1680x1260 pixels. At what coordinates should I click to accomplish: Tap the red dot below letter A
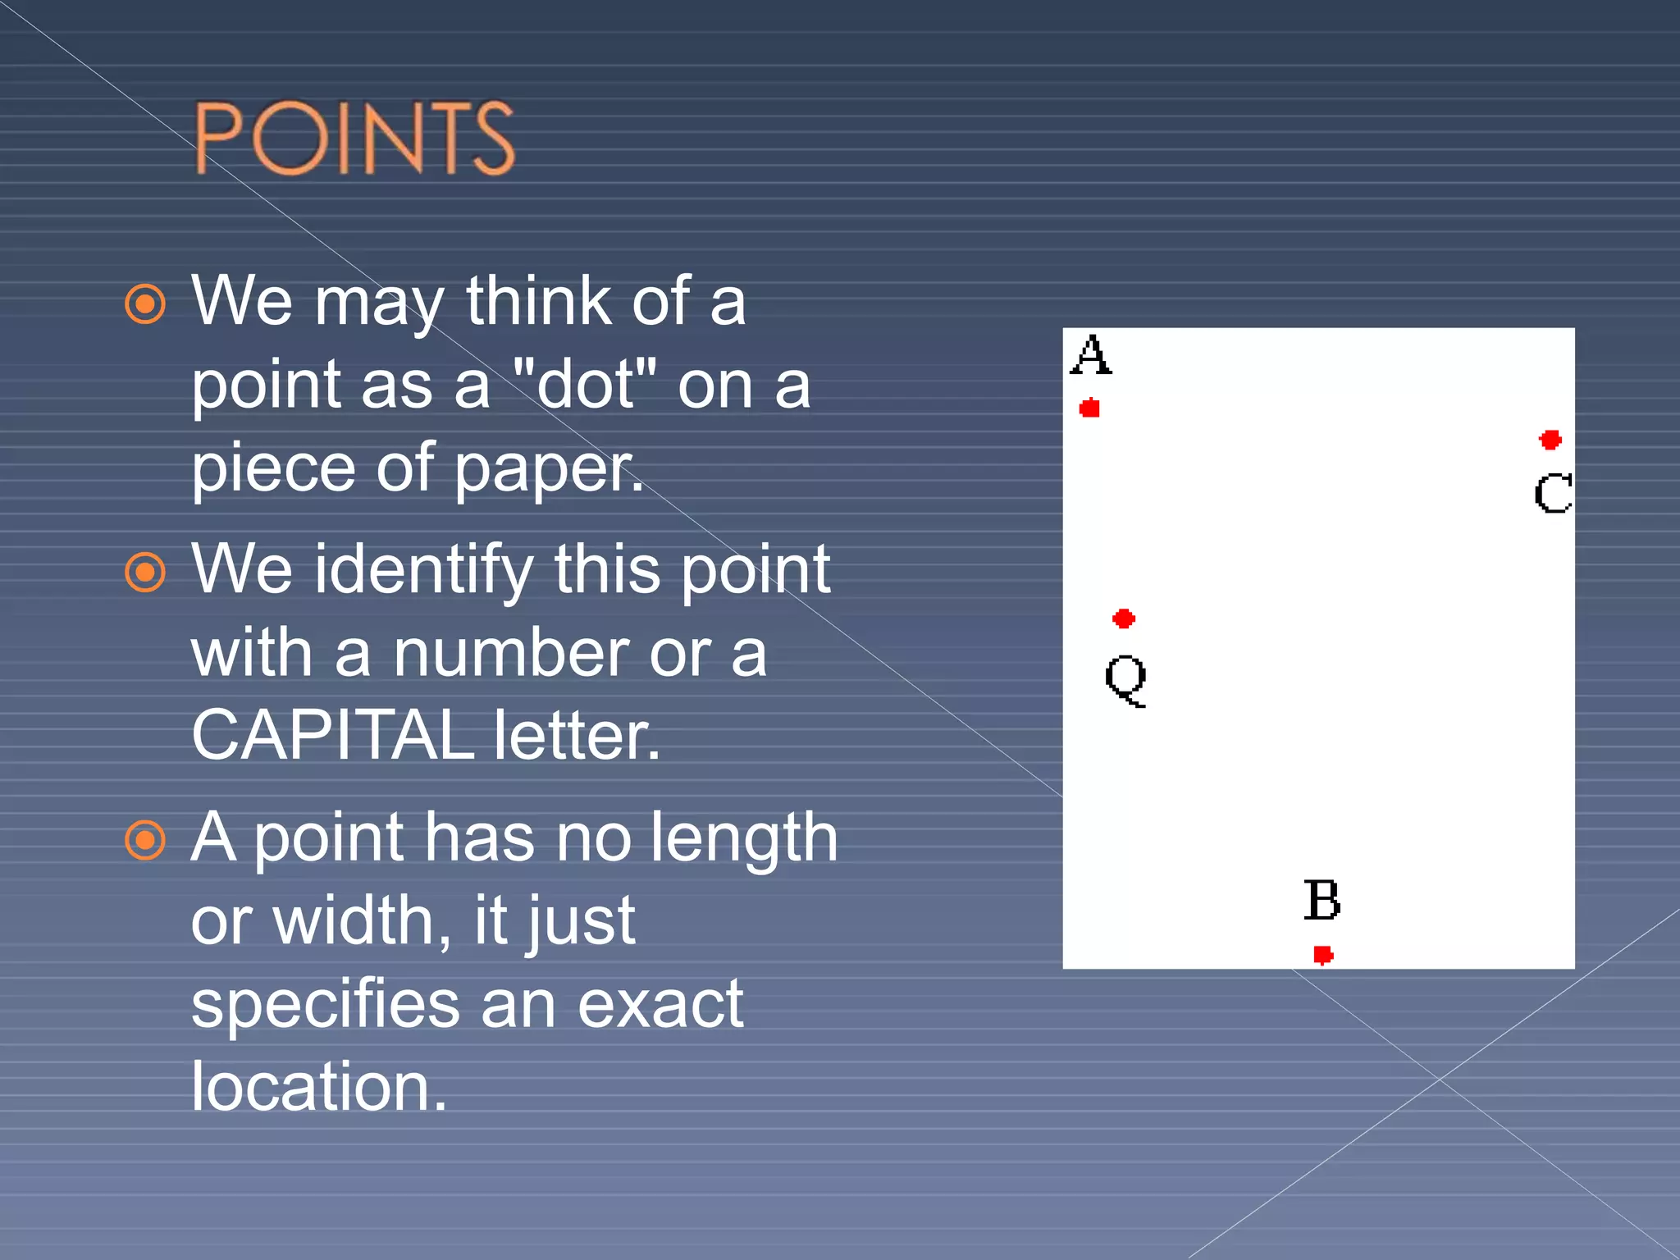pyautogui.click(x=1089, y=408)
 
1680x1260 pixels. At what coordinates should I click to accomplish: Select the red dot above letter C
pyautogui.click(x=1550, y=440)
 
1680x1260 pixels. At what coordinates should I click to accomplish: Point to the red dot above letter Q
pyautogui.click(x=1124, y=619)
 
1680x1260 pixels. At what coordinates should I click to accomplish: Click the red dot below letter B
pyautogui.click(x=1323, y=955)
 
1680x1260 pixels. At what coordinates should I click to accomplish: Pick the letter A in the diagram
pyautogui.click(x=1091, y=355)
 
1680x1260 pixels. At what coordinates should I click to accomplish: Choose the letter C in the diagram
pyautogui.click(x=1553, y=493)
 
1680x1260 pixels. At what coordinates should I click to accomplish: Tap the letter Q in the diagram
pyautogui.click(x=1125, y=679)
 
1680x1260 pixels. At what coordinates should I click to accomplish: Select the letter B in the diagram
pyautogui.click(x=1322, y=900)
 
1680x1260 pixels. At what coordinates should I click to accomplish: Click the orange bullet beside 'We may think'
pyautogui.click(x=145, y=304)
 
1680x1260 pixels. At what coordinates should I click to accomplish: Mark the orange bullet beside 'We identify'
pyautogui.click(x=145, y=572)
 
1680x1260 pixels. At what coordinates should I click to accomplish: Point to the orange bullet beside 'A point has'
pyautogui.click(x=145, y=840)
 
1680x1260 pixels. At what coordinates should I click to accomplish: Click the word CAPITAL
pyautogui.click(x=332, y=735)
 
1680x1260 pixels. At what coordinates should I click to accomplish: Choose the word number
pyautogui.click(x=510, y=654)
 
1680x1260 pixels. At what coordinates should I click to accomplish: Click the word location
pyautogui.click(x=318, y=1086)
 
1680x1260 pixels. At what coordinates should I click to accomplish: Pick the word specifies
pyautogui.click(x=326, y=1004)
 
